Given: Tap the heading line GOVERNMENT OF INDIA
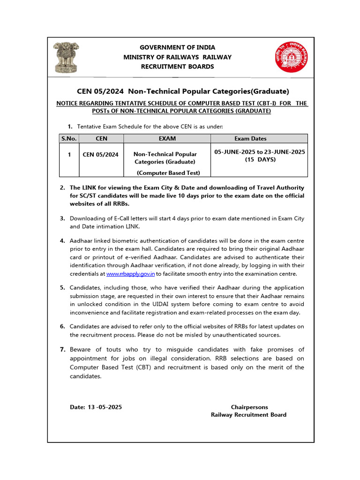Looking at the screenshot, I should pos(178,47).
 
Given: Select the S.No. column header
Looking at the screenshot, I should pos(68,138).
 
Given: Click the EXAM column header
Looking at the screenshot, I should pos(167,138).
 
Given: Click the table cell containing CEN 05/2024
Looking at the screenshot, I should pos(100,154).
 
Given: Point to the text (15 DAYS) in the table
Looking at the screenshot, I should pos(260,159).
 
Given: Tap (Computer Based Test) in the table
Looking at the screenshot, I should pos(168,172).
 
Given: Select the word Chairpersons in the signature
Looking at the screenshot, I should pos(249,407).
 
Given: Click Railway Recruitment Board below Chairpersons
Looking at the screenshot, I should pos(248,414).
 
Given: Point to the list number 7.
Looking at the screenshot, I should pos(62,350).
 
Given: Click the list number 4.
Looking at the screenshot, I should pos(62,240).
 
